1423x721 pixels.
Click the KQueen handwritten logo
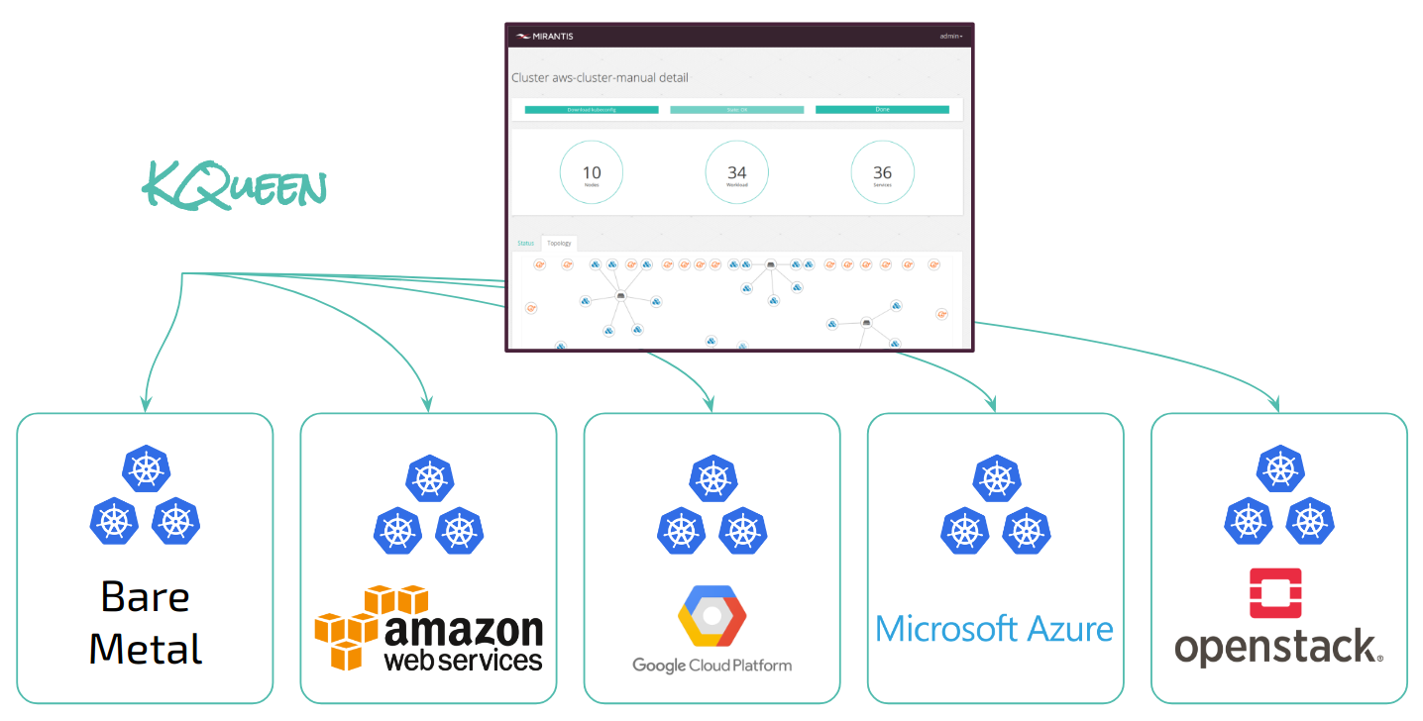[235, 185]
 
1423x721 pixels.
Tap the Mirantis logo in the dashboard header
[544, 37]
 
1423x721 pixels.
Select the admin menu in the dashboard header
[950, 37]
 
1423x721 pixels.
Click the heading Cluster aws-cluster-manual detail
[600, 77]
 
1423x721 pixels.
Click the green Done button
[882, 109]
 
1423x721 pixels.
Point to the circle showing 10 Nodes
[592, 173]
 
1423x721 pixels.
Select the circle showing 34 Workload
[737, 173]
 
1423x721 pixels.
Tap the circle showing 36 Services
[882, 173]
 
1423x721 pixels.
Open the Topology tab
[560, 243]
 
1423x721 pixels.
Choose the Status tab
[525, 243]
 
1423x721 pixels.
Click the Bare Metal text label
[146, 622]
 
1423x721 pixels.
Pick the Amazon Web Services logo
[429, 628]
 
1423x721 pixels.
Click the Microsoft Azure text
[994, 629]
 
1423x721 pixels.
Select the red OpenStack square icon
[1276, 593]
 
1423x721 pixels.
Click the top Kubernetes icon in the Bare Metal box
[146, 468]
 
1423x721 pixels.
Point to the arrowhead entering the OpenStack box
[1277, 406]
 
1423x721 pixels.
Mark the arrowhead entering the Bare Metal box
[146, 405]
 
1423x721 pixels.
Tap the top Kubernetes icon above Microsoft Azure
[996, 479]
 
